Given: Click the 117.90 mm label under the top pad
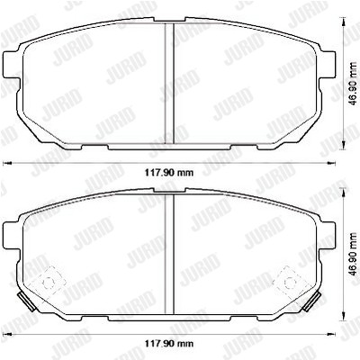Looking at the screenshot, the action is tap(169, 173).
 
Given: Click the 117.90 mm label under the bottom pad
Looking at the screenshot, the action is tap(169, 343).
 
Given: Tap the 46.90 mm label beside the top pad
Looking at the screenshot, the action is tap(355, 84).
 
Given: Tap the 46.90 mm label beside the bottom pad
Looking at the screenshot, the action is tap(355, 255).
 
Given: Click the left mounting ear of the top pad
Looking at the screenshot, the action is tap(11, 65).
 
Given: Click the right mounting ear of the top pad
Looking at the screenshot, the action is tap(328, 65).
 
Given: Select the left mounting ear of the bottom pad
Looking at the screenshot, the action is tap(11, 236).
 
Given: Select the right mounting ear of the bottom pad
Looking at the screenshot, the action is tap(328, 236).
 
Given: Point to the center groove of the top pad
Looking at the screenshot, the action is tap(169, 84).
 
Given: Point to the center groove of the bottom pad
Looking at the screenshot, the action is tap(169, 254).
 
